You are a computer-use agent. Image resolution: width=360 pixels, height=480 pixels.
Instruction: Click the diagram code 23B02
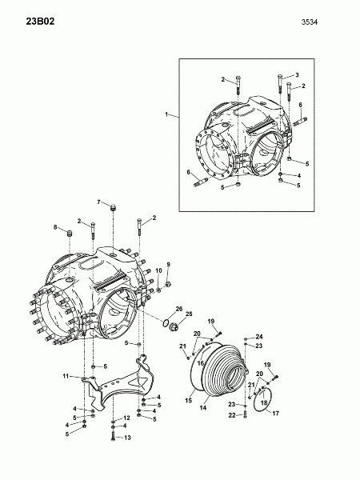40,22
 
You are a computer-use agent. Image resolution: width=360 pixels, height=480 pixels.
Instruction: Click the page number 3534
310,22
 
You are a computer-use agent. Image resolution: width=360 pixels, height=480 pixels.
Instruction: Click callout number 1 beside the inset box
166,114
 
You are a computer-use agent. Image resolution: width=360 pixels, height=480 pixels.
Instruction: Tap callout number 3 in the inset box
297,75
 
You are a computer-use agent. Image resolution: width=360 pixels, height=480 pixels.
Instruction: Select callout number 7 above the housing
98,202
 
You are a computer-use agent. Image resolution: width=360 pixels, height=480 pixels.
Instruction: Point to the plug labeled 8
70,234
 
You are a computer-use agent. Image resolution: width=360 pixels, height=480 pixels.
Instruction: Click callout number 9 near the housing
168,264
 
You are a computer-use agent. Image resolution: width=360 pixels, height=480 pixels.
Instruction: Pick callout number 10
158,270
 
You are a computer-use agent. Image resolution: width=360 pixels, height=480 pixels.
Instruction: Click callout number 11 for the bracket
66,376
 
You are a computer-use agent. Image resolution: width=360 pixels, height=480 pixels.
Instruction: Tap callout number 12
126,418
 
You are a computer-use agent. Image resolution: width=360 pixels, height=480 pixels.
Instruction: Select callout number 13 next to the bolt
127,438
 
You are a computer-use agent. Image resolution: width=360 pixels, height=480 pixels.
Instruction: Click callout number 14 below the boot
203,408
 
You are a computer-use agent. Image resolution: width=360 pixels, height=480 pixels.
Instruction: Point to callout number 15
189,401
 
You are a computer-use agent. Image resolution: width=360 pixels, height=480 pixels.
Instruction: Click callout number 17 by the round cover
275,414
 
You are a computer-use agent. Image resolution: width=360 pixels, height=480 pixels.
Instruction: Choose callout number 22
232,415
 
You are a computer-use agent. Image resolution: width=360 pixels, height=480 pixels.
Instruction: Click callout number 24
259,337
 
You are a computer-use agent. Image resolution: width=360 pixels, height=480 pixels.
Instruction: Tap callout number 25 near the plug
189,314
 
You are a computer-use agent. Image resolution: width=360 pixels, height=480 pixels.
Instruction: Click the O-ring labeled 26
166,322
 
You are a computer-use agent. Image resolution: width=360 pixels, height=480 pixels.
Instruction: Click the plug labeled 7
114,207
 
